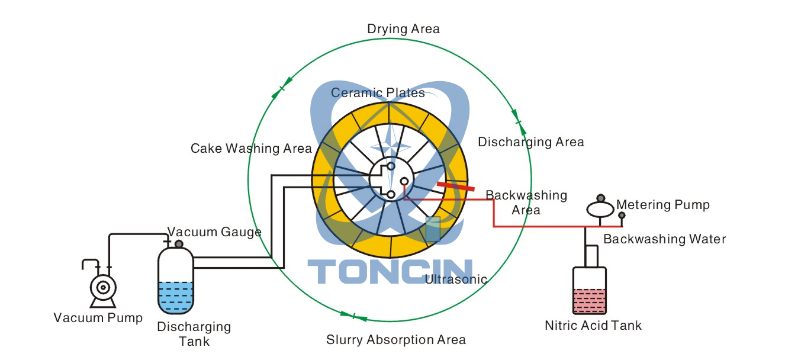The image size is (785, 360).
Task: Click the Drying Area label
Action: (x=403, y=29)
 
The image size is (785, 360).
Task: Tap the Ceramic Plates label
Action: (x=378, y=93)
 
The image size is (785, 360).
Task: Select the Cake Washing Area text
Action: (x=251, y=148)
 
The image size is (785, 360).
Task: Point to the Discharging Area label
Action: (x=530, y=142)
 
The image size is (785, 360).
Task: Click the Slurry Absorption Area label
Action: (x=395, y=340)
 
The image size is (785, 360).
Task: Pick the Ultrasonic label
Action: (x=456, y=279)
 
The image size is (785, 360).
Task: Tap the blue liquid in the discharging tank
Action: (x=175, y=297)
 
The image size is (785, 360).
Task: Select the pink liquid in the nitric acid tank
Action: (x=589, y=301)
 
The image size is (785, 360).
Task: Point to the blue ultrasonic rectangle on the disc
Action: (x=433, y=229)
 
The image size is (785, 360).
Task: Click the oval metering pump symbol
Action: (x=600, y=210)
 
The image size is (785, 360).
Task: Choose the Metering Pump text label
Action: (x=662, y=205)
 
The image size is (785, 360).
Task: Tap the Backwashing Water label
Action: (x=664, y=239)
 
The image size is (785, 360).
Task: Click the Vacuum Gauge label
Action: (x=214, y=232)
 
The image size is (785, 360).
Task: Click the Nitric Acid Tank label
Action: (x=593, y=325)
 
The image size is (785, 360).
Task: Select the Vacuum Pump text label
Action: (x=98, y=318)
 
